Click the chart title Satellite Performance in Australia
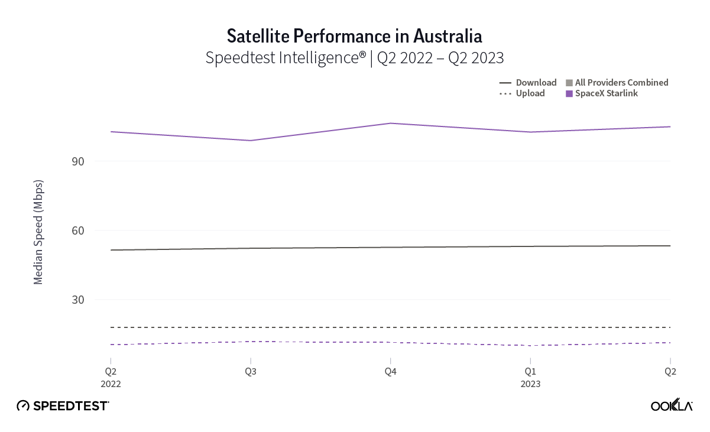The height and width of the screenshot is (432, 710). (x=355, y=36)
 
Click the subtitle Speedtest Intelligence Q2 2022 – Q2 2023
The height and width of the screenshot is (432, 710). (x=355, y=58)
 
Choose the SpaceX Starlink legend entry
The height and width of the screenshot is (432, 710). (x=606, y=93)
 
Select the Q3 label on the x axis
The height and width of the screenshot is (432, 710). (x=251, y=372)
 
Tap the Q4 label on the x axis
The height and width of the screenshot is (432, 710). (x=390, y=372)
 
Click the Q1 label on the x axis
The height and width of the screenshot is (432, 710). (x=530, y=372)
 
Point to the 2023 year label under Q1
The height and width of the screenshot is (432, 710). (x=530, y=384)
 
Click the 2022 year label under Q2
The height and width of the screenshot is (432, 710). (x=111, y=384)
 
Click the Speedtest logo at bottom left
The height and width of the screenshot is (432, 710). (x=63, y=406)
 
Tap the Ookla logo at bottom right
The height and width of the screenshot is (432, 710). (x=672, y=405)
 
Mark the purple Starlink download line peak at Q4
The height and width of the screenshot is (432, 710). (x=390, y=123)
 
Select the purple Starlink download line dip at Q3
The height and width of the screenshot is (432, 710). (x=251, y=141)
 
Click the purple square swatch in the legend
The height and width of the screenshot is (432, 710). (x=569, y=93)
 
